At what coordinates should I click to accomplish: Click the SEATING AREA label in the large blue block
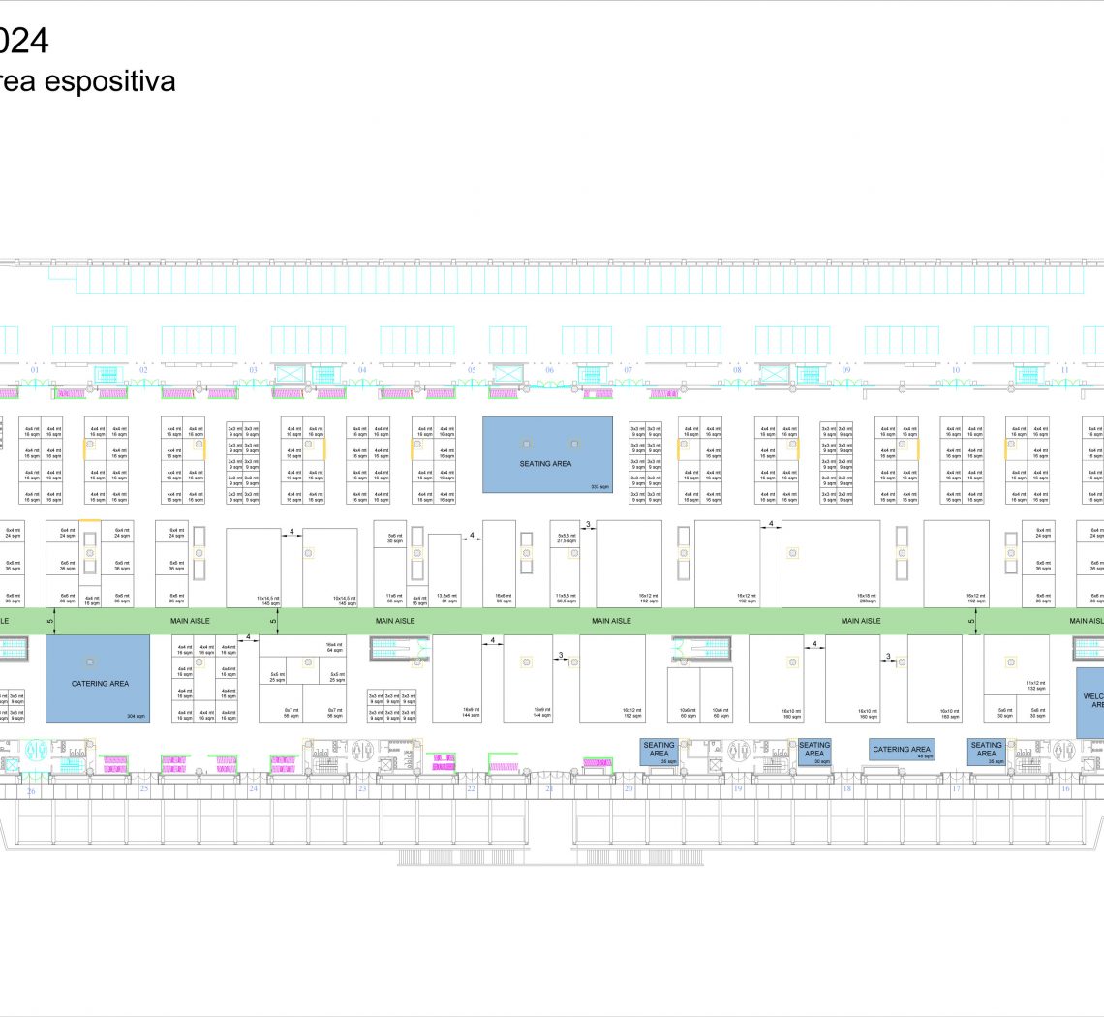tap(546, 464)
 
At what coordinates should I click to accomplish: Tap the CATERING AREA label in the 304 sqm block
tap(100, 684)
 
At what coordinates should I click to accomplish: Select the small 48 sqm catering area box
tap(902, 750)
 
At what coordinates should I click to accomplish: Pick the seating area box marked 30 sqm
tap(814, 751)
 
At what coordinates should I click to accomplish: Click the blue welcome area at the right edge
tap(1090, 701)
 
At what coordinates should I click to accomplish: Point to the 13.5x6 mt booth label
tap(446, 598)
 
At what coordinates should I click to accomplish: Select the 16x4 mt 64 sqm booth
tap(335, 647)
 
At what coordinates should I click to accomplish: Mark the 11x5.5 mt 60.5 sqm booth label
tap(566, 598)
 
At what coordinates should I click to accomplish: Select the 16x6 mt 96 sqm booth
tap(503, 598)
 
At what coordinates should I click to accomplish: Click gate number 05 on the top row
tap(473, 370)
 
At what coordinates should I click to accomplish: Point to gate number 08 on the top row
tap(737, 370)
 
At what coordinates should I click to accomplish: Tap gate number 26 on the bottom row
tap(31, 790)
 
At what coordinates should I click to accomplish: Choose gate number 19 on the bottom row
tap(737, 789)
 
